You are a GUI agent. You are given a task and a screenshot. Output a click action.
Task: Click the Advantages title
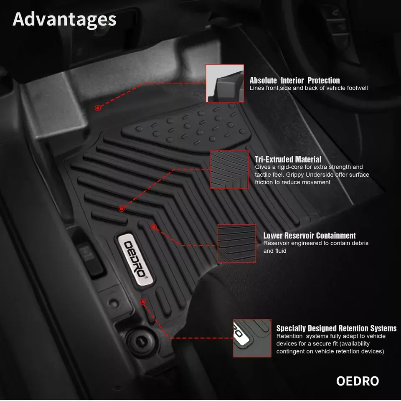tap(64, 20)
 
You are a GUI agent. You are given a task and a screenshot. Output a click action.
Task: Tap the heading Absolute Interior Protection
tap(294, 81)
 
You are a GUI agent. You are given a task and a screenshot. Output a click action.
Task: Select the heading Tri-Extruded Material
tap(288, 159)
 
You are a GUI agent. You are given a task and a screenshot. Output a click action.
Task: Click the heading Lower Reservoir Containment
tap(310, 236)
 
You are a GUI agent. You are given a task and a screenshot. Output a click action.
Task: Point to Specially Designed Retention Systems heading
tap(336, 328)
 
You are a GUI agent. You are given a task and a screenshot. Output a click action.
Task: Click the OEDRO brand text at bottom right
tap(358, 381)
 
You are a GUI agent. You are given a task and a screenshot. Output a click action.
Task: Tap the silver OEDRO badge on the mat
tap(135, 259)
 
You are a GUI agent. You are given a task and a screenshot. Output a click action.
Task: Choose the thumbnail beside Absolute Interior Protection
tap(225, 84)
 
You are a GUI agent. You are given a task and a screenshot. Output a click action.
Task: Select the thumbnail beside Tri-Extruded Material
tap(229, 170)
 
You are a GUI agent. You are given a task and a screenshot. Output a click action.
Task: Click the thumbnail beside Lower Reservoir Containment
tap(236, 244)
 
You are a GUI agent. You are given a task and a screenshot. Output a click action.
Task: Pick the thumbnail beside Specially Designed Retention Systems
tap(252, 338)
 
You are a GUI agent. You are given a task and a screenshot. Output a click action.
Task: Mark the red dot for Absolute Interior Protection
tap(98, 108)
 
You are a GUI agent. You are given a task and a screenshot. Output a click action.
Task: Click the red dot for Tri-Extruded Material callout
tap(122, 209)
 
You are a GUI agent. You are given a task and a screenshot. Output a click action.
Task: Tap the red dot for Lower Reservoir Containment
tap(154, 227)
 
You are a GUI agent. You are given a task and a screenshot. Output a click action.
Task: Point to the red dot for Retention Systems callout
tap(143, 302)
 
